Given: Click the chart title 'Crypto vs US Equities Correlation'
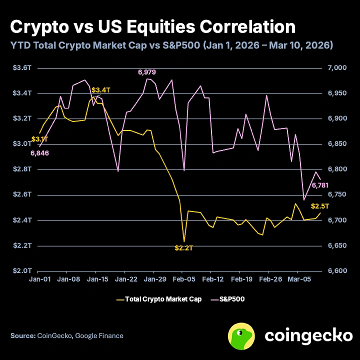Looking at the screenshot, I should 152,26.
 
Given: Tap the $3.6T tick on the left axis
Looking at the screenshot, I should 21,67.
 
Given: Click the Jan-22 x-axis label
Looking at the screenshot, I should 126,279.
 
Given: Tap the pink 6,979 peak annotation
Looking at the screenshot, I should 147,72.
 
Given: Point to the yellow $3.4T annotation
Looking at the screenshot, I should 100,90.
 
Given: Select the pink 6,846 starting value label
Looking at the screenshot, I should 39,153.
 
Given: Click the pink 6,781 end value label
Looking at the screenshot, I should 320,186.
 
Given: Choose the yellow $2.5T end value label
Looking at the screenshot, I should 319,206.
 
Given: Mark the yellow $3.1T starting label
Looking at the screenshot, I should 39,138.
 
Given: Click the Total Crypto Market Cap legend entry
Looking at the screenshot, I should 158,299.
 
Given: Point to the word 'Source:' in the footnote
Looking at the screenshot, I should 23,336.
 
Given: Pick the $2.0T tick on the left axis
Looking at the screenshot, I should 21,270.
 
